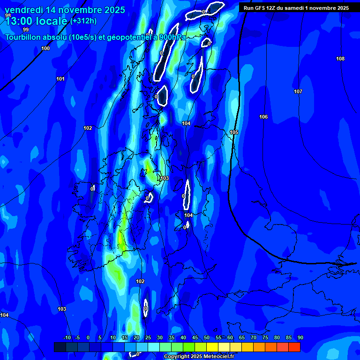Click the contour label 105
coord(234,132)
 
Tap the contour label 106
coord(263,117)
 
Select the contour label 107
coord(298,91)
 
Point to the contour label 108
coord(340,59)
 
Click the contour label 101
coord(60,79)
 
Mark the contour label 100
coord(45,48)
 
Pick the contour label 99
coord(26,30)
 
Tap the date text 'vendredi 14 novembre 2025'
coord(65,10)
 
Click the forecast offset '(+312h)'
coord(83,21)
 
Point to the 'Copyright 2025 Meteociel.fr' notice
coord(199,356)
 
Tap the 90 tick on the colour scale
coord(300,337)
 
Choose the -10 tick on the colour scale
coord(67,337)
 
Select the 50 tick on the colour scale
coord(207,337)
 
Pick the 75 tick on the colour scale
coord(265,337)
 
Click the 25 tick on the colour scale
coord(148,337)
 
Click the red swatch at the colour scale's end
coord(294,347)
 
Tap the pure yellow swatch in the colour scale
coord(212,347)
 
